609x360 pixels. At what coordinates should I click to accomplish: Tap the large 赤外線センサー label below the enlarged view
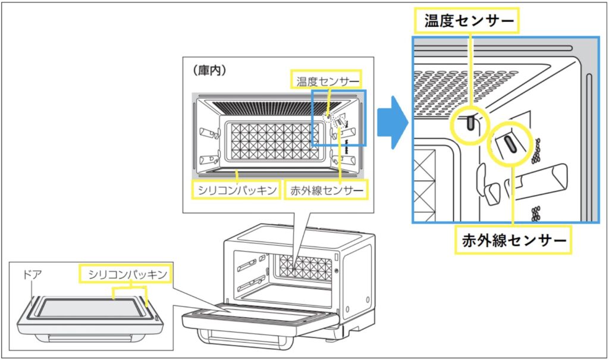[x=513, y=240]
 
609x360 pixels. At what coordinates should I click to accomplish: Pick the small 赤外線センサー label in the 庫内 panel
[x=326, y=191]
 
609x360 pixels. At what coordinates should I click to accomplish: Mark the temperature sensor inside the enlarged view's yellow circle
[x=470, y=122]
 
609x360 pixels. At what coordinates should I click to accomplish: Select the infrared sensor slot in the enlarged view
[x=510, y=143]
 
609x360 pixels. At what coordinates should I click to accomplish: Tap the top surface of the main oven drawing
[x=297, y=233]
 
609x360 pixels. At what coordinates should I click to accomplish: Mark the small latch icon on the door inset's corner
[x=156, y=318]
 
